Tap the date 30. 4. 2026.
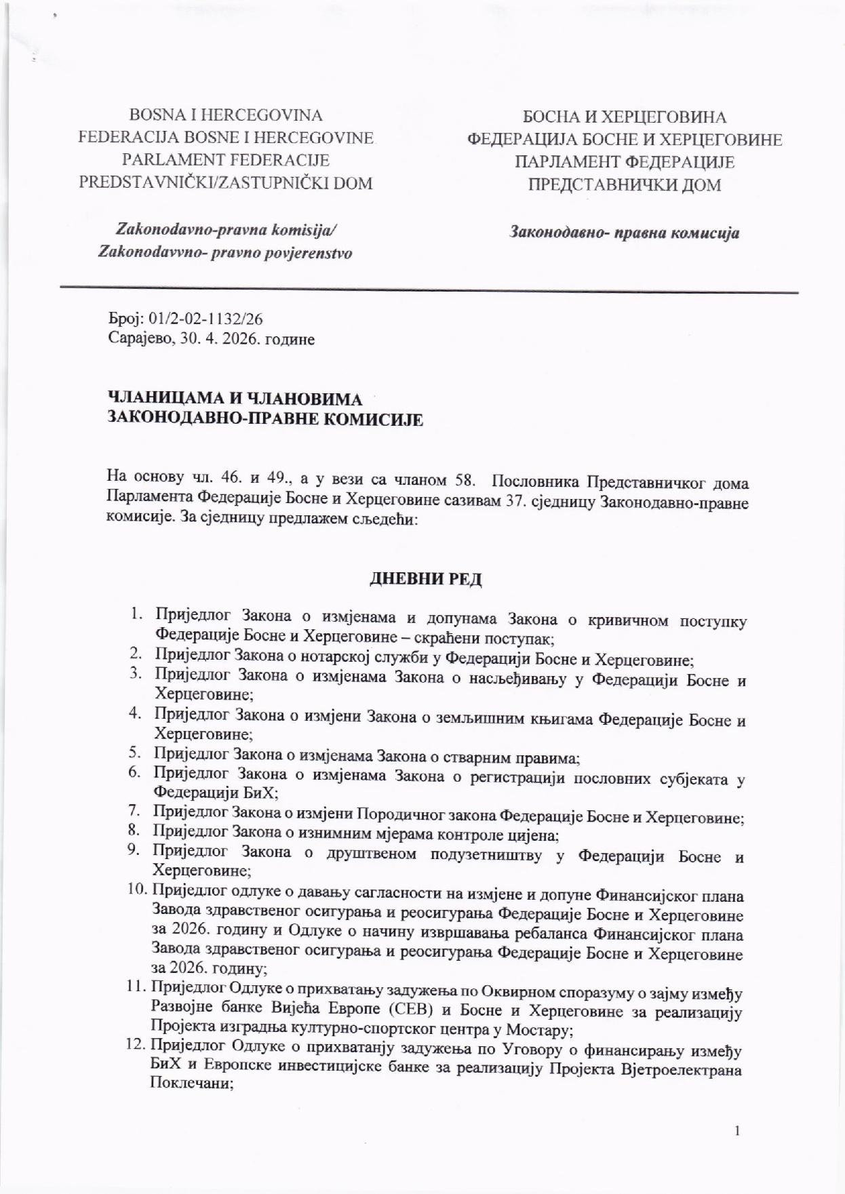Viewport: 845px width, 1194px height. coord(219,339)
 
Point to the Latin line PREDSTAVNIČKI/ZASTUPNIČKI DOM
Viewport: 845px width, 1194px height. coord(226,183)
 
